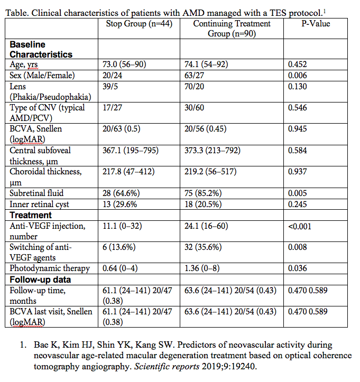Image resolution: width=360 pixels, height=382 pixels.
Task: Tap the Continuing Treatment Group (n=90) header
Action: (x=232, y=29)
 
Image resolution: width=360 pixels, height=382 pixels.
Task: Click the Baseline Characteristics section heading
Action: (x=41, y=50)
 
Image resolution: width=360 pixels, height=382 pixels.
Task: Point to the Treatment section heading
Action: (x=31, y=215)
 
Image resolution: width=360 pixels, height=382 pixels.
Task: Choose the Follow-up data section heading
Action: (x=40, y=279)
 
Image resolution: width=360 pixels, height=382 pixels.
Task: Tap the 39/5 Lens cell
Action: (x=111, y=86)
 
